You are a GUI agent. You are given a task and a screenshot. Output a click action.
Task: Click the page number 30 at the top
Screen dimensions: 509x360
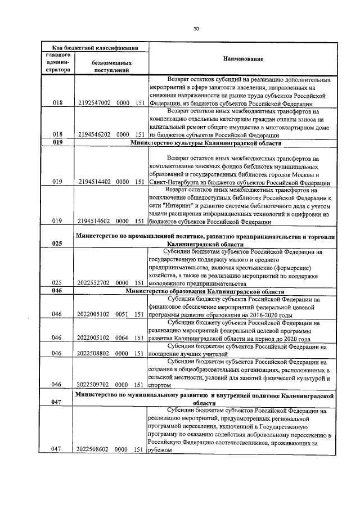196,29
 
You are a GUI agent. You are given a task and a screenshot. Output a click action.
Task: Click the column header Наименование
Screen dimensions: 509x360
243,60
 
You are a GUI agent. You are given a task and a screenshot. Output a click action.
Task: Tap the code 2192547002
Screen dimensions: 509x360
93,103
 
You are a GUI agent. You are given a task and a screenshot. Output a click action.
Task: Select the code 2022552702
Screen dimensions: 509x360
93,283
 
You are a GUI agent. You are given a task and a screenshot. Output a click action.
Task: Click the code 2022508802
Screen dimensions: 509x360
93,354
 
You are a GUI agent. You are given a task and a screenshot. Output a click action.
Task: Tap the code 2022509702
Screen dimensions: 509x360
93,385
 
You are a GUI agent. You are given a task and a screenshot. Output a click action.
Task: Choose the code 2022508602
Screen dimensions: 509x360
93,449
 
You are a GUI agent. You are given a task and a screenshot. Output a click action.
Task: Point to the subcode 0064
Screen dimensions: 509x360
123,338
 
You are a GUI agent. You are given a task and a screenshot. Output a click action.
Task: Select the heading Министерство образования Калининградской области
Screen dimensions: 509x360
205,291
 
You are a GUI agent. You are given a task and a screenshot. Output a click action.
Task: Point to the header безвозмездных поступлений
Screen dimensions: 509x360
111,67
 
